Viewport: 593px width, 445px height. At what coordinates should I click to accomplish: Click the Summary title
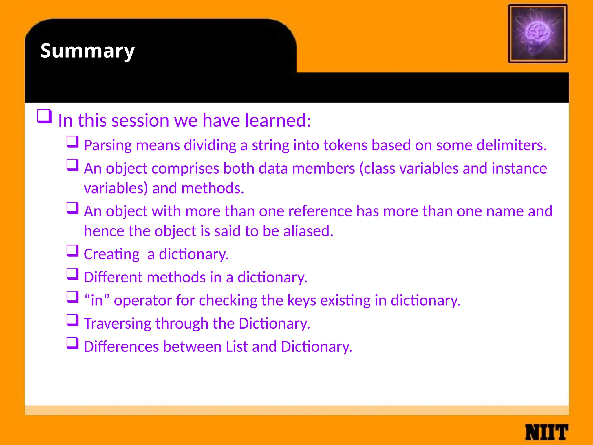87,51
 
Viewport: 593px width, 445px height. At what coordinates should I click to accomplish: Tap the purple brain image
537,34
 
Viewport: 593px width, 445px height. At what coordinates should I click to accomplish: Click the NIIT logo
546,432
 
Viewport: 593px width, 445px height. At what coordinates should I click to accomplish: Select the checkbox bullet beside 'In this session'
44,116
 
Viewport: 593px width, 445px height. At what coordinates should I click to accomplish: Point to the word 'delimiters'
511,145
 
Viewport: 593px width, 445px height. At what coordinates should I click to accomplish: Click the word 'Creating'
112,254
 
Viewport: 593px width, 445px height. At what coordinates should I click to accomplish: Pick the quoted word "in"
97,300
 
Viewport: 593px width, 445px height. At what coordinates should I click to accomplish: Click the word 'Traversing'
117,324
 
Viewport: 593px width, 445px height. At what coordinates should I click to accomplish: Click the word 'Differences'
121,346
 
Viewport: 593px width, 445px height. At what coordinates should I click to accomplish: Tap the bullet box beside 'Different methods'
72,274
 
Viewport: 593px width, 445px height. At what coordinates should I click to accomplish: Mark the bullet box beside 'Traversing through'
72,320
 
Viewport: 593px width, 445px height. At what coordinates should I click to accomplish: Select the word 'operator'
142,301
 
